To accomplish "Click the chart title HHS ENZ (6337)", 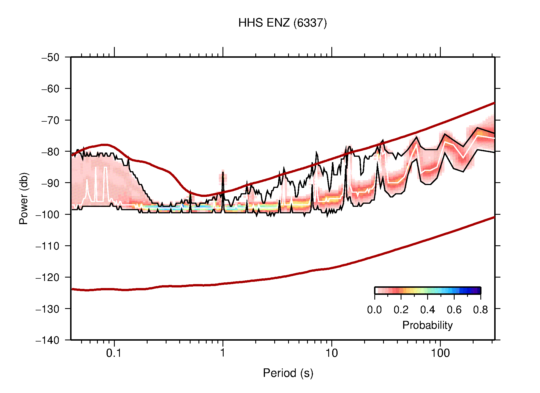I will pyautogui.click(x=282, y=23).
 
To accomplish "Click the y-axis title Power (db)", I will pyautogui.click(x=24, y=198).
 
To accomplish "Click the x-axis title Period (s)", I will pyautogui.click(x=288, y=373).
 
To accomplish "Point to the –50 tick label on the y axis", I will pyautogui.click(x=50, y=57).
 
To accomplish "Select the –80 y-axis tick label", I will pyautogui.click(x=50, y=152).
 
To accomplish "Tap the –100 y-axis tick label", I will pyautogui.click(x=47, y=214).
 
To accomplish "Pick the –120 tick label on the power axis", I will pyautogui.click(x=47, y=277).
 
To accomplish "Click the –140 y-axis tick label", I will pyautogui.click(x=47, y=340).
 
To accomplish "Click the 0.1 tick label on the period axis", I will pyautogui.click(x=114, y=353).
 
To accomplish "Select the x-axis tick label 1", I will pyautogui.click(x=223, y=353).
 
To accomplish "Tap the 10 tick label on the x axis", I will pyautogui.click(x=331, y=353).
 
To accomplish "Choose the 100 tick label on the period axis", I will pyautogui.click(x=440, y=353).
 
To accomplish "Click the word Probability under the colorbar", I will pyautogui.click(x=427, y=325).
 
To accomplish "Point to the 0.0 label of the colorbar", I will pyautogui.click(x=374, y=310).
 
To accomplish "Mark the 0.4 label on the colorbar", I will pyautogui.click(x=427, y=310).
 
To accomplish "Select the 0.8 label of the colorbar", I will pyautogui.click(x=480, y=310).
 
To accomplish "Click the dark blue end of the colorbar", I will pyautogui.click(x=478, y=291).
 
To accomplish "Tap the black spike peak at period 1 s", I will pyautogui.click(x=223, y=172).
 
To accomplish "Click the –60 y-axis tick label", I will pyautogui.click(x=50, y=89).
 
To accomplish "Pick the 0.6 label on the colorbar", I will pyautogui.click(x=454, y=310).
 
